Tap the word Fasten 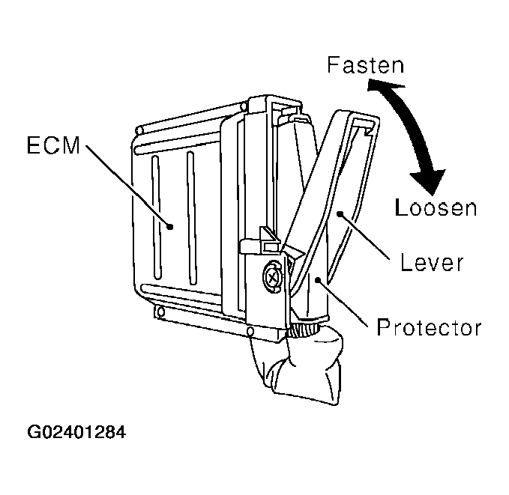click(x=365, y=65)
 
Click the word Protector click(x=429, y=327)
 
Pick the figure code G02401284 click(x=76, y=433)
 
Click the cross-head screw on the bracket click(x=271, y=276)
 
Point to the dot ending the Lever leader click(x=340, y=215)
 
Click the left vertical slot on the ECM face click(x=154, y=217)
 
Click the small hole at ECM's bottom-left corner click(x=158, y=309)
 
